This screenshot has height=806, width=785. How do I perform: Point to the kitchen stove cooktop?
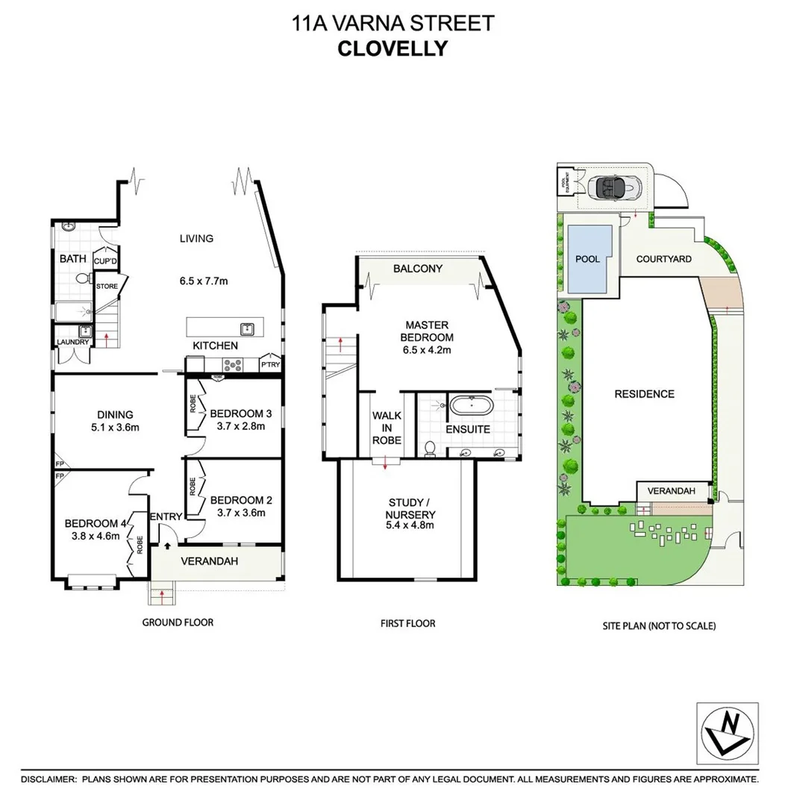point(232,365)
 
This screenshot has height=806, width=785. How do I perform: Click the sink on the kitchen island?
point(245,328)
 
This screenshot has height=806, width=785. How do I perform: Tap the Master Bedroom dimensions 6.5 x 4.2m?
point(427,349)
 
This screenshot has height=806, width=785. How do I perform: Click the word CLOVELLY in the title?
point(392,49)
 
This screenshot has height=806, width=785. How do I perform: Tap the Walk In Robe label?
point(387,428)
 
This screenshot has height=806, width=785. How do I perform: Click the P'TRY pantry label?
point(269,364)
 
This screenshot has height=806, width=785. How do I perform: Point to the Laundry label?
point(72,343)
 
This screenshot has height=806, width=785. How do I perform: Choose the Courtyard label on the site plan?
point(663,259)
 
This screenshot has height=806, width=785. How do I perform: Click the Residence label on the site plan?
point(644,394)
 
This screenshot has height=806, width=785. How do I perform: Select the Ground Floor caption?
point(178,622)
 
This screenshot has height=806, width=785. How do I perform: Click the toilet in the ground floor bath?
point(83,279)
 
